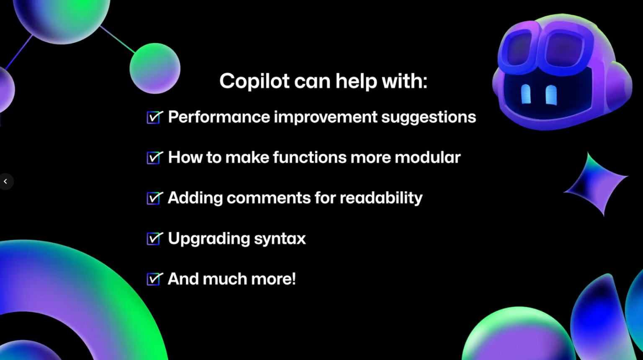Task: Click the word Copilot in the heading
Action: click(x=255, y=81)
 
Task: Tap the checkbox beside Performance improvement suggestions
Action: click(x=154, y=118)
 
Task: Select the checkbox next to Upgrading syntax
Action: click(x=154, y=239)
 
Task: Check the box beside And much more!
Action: click(x=154, y=279)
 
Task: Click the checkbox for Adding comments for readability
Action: click(x=154, y=198)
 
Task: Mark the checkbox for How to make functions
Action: click(x=154, y=158)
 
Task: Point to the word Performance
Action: click(x=219, y=117)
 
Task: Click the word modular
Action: click(x=427, y=157)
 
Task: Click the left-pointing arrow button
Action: click(x=5, y=182)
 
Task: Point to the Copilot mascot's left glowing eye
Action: click(x=526, y=94)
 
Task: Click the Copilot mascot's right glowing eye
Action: click(x=551, y=95)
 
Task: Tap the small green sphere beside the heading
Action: click(x=155, y=68)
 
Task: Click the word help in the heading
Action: click(x=356, y=81)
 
